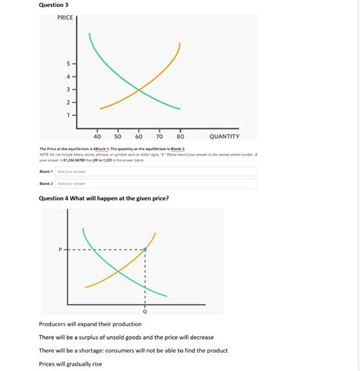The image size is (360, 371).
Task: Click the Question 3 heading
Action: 54,5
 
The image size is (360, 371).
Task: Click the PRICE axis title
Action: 65,17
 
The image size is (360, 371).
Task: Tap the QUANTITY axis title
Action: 224,137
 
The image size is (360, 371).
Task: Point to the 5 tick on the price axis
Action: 68,63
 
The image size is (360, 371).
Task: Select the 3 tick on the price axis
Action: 68,89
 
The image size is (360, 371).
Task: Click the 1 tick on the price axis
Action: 68,115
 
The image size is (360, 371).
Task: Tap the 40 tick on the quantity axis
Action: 96,137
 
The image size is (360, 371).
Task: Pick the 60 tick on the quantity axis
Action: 138,137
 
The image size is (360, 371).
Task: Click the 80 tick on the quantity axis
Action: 180,137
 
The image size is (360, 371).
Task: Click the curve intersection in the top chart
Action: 138,91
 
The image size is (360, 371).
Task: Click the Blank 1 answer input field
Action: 156,171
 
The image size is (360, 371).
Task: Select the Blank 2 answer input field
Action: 156,184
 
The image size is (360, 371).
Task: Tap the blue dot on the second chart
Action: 144,249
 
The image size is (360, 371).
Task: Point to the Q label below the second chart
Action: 144,312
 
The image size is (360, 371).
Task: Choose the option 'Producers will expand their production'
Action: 90,324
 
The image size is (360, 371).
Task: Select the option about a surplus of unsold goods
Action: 126,337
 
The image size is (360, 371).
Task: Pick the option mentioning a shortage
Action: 133,351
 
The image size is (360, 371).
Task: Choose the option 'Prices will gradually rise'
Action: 70,364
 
